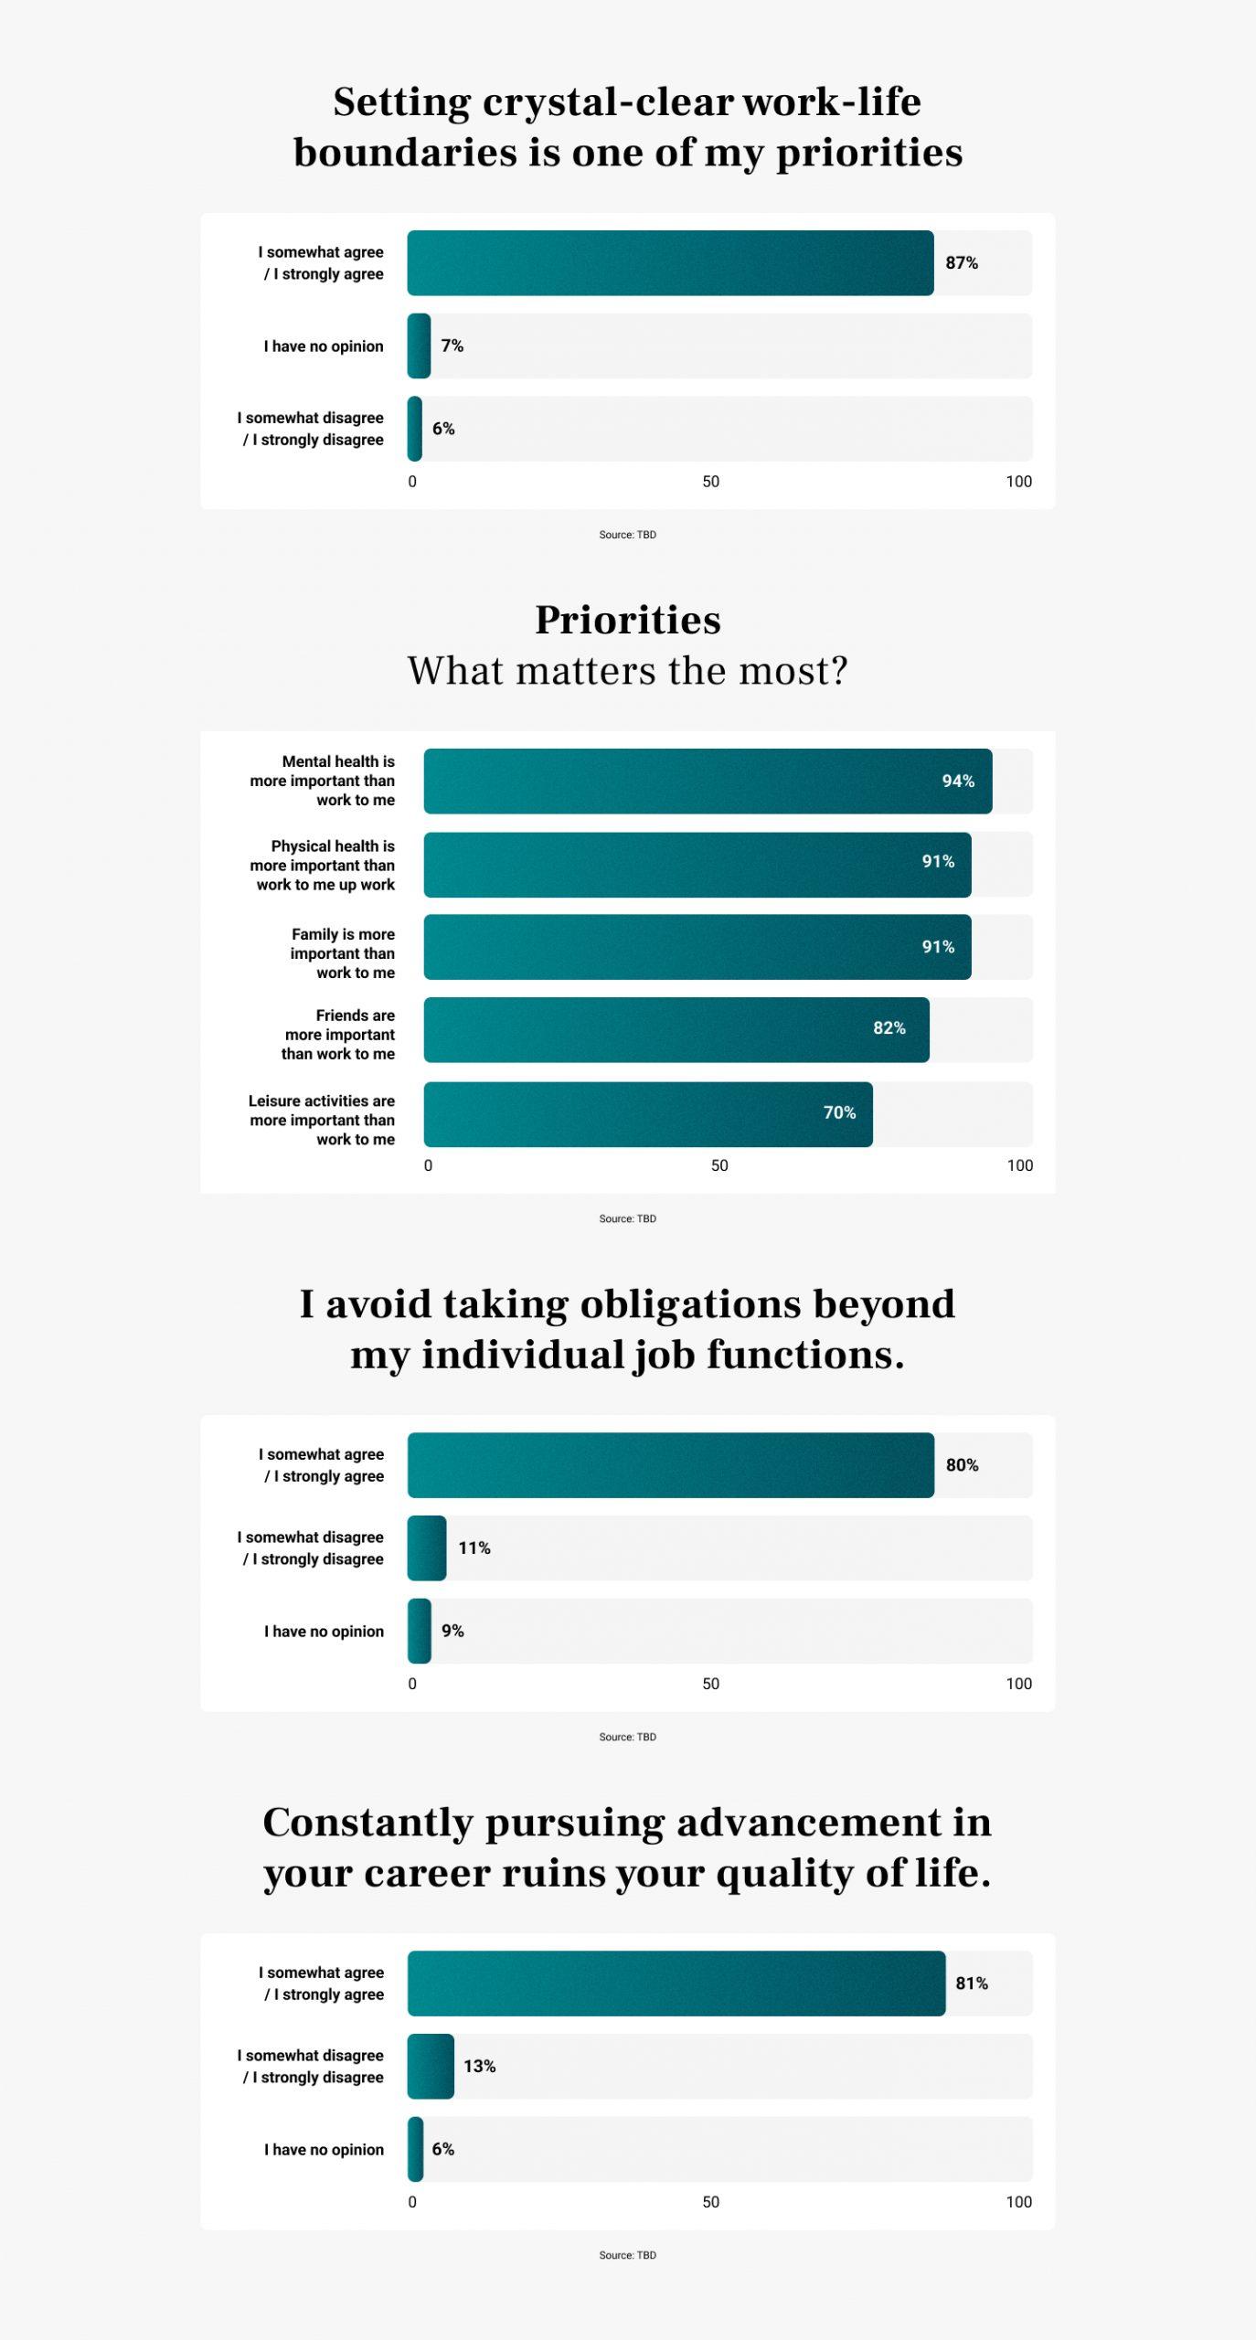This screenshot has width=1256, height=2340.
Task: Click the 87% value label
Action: [x=961, y=263]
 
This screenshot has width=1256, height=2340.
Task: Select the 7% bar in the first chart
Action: [x=419, y=346]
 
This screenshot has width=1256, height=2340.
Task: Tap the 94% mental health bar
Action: [x=708, y=782]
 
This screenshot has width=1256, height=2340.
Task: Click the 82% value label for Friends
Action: [x=889, y=1028]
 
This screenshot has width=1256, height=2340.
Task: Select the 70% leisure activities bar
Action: [x=647, y=1114]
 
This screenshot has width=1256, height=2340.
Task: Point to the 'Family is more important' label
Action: [x=343, y=953]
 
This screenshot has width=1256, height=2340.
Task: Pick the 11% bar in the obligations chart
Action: [x=427, y=1548]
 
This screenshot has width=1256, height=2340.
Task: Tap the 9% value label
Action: [x=452, y=1631]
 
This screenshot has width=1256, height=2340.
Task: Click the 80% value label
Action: [x=962, y=1465]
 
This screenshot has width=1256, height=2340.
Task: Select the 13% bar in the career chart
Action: [x=431, y=2067]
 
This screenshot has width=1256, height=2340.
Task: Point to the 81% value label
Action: [x=972, y=1984]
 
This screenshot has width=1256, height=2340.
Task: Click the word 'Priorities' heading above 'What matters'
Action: [x=628, y=621]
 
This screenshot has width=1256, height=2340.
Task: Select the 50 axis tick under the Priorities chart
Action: [x=719, y=1165]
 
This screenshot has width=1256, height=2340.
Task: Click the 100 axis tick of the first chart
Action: [x=1018, y=482]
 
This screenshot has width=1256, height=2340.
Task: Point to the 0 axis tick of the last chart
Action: [x=412, y=2202]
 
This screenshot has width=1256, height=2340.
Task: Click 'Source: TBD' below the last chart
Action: [x=628, y=2255]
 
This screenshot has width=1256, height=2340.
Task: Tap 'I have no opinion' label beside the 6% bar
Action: [x=324, y=2150]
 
